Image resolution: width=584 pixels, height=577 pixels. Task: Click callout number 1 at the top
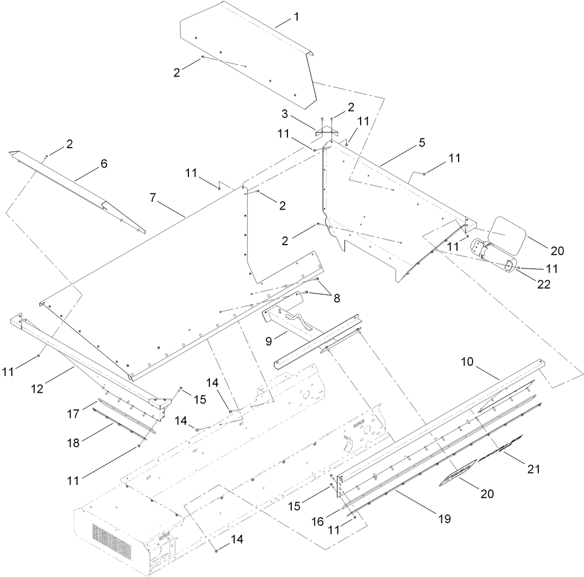pyautogui.click(x=296, y=17)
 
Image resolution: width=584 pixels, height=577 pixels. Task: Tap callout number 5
pyautogui.click(x=421, y=143)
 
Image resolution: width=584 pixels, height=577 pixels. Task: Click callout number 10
pyautogui.click(x=467, y=362)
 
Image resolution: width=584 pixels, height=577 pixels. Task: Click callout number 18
pyautogui.click(x=73, y=443)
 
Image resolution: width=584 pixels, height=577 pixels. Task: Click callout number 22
pyautogui.click(x=544, y=284)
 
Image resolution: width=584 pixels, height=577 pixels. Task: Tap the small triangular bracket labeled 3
pyautogui.click(x=326, y=130)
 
